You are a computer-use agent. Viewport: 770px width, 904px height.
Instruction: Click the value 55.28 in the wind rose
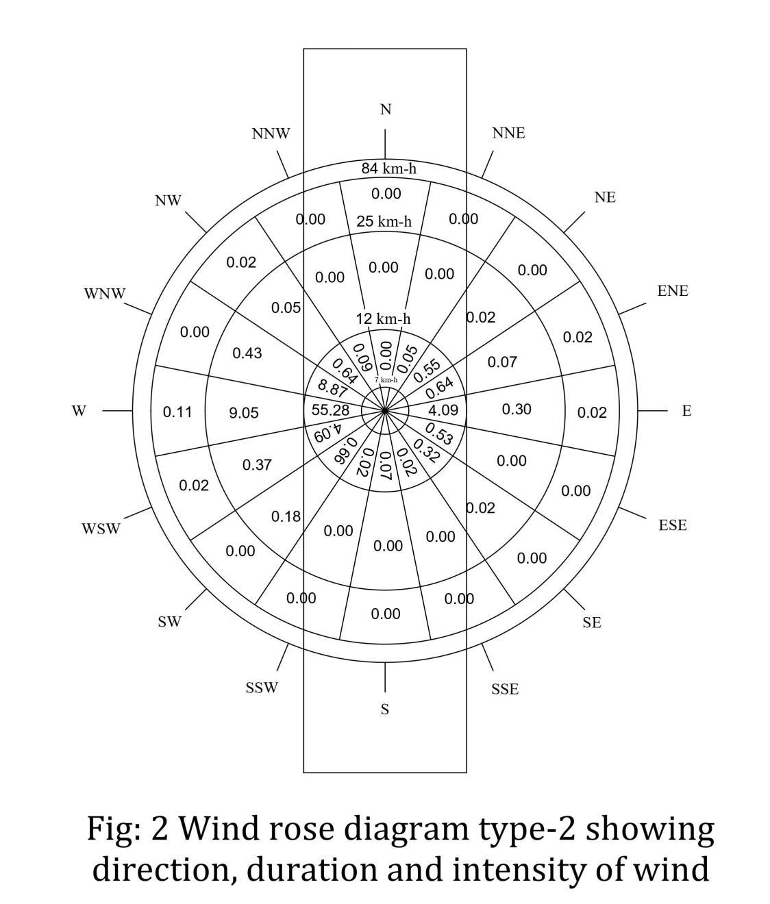pyautogui.click(x=330, y=410)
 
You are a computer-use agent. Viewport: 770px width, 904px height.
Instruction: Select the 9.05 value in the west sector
pyautogui.click(x=244, y=412)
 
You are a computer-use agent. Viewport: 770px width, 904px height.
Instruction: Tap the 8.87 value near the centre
pyautogui.click(x=332, y=388)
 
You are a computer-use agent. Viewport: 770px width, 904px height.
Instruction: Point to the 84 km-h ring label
pyautogui.click(x=388, y=168)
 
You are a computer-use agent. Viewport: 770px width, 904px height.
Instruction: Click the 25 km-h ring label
pyautogui.click(x=384, y=221)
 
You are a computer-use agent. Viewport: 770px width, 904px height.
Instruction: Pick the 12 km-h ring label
pyautogui.click(x=384, y=318)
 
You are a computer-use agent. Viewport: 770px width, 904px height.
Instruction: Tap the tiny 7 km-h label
pyautogui.click(x=386, y=379)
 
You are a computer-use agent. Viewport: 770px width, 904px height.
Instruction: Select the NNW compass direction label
pyautogui.click(x=271, y=134)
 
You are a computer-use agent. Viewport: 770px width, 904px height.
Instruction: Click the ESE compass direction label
pyautogui.click(x=673, y=525)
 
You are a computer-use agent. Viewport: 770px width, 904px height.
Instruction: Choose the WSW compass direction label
pyautogui.click(x=101, y=529)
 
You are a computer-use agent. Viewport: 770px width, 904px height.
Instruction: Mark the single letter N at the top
pyautogui.click(x=386, y=110)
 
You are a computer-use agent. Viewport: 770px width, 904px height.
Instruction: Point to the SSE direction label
pyautogui.click(x=505, y=689)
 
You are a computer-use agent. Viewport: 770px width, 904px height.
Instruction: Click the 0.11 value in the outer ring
pyautogui.click(x=177, y=412)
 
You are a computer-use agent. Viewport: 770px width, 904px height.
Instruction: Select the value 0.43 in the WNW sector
pyautogui.click(x=247, y=353)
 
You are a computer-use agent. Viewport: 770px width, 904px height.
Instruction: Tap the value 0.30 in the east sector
pyautogui.click(x=517, y=409)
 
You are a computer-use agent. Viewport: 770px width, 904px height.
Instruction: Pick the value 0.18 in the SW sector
pyautogui.click(x=286, y=516)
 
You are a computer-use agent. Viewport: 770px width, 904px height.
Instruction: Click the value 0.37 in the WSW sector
pyautogui.click(x=257, y=465)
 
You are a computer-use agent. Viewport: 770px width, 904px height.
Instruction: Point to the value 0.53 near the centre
pyautogui.click(x=439, y=434)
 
